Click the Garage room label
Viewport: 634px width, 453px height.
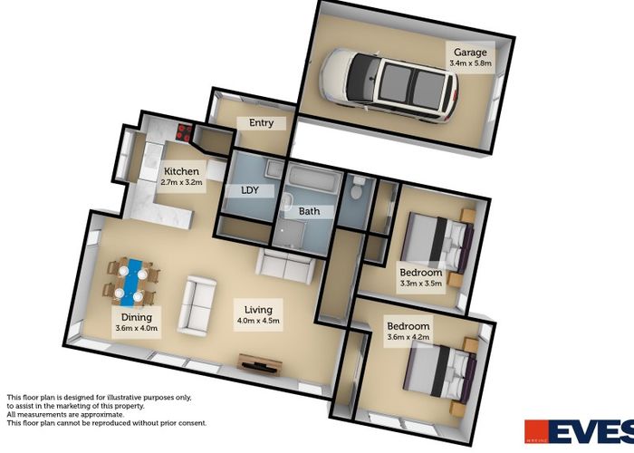[470, 57]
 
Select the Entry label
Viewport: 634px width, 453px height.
[261, 123]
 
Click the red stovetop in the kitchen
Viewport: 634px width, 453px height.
[184, 132]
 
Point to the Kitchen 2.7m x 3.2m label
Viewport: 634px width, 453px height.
[181, 177]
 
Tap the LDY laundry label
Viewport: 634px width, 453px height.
[249, 190]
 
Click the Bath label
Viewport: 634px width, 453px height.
[310, 211]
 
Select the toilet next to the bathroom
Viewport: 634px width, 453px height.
[357, 188]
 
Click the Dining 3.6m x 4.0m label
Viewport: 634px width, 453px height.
[136, 323]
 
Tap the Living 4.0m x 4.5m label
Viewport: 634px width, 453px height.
[258, 315]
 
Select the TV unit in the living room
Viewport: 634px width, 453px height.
[260, 364]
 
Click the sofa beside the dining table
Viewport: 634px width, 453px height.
[197, 306]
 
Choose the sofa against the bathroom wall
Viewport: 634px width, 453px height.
[286, 266]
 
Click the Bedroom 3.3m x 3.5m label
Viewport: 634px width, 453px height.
[421, 277]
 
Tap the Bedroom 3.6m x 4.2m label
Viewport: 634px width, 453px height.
[408, 332]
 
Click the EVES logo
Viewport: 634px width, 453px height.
[579, 431]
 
